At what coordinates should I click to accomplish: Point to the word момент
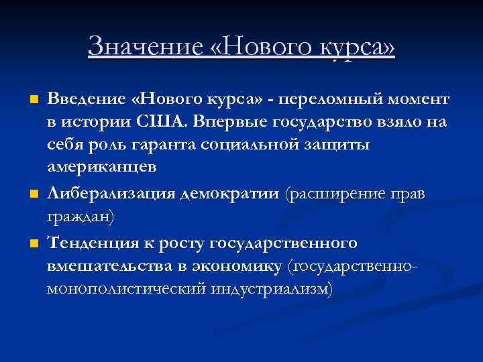(x=419, y=100)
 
